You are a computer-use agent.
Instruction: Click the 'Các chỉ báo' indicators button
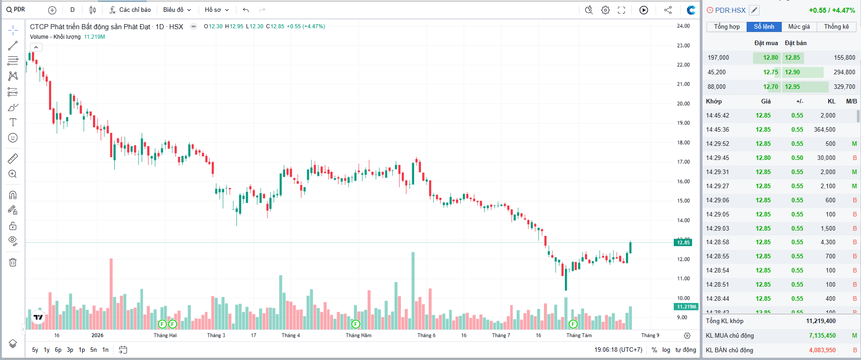click(x=130, y=10)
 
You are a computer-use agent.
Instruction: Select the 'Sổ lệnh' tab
click(x=764, y=27)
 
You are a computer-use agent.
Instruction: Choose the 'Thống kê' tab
click(x=836, y=27)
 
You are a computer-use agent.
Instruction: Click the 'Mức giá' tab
click(x=799, y=27)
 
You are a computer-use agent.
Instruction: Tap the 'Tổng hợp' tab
click(x=727, y=27)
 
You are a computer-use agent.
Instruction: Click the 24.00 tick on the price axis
click(x=683, y=26)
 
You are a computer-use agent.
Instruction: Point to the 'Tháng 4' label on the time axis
click(x=291, y=335)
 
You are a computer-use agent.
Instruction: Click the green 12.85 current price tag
click(x=683, y=242)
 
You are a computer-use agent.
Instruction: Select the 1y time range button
click(x=46, y=350)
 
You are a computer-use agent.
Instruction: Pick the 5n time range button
click(x=93, y=350)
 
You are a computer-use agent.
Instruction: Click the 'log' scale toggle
click(x=666, y=350)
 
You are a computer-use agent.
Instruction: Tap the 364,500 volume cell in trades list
click(x=825, y=129)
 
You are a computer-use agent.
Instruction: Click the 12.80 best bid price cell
click(x=770, y=57)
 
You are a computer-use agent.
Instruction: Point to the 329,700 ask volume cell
click(x=844, y=87)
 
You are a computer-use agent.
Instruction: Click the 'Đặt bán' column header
click(x=795, y=43)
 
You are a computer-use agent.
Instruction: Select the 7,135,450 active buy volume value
click(x=822, y=335)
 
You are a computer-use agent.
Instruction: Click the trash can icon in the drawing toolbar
click(x=13, y=262)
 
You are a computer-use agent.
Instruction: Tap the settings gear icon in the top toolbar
click(x=605, y=10)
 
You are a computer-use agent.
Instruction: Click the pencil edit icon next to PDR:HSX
click(x=754, y=10)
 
